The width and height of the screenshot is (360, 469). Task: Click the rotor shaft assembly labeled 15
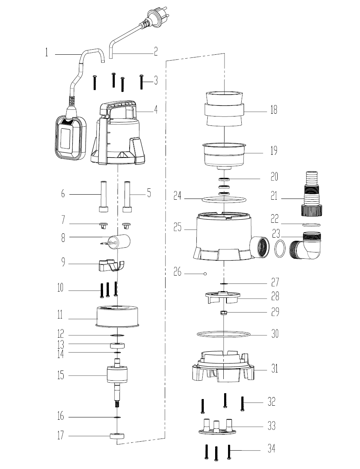click(x=118, y=375)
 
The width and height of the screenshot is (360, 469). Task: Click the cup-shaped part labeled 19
click(x=224, y=154)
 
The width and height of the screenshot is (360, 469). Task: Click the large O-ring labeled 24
click(x=224, y=200)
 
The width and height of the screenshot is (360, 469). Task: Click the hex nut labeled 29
click(x=224, y=312)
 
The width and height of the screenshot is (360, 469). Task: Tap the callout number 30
click(x=274, y=335)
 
